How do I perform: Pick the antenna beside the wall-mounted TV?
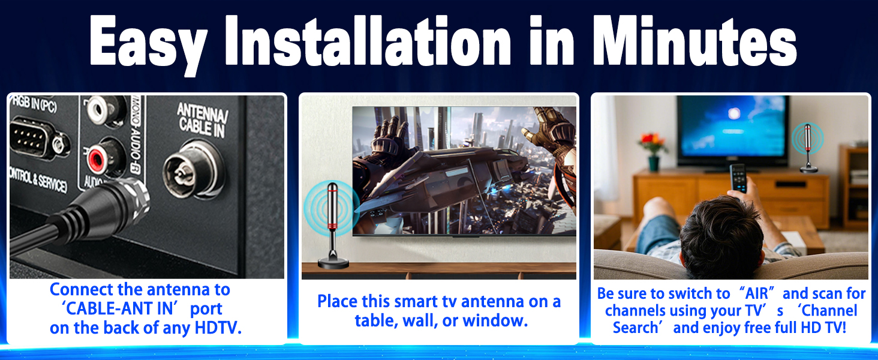[x=329, y=222]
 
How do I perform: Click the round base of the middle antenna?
[x=329, y=262]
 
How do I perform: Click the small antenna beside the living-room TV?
[x=808, y=148]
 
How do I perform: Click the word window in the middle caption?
[x=501, y=320]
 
